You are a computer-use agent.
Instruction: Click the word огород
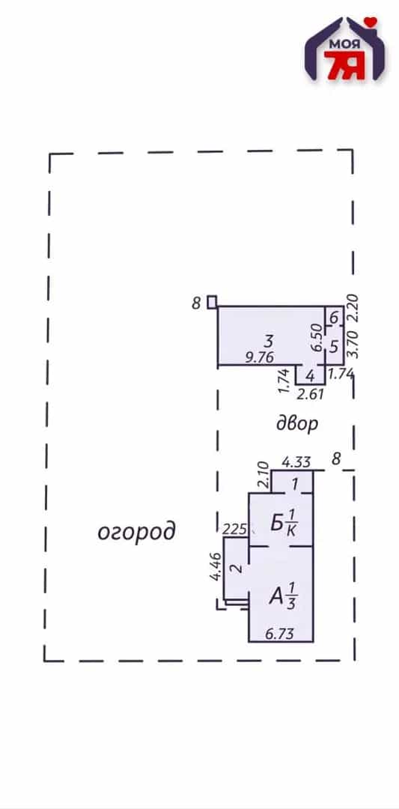coord(136,532)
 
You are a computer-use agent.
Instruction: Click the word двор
coord(296,424)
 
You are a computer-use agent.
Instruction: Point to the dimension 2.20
coord(352,309)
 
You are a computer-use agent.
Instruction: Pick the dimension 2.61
coord(311,395)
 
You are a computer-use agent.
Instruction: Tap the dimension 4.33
coord(296,461)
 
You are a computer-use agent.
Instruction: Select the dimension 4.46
coord(216,567)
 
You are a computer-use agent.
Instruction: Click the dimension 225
coord(234,529)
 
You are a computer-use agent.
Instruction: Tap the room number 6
coord(334,318)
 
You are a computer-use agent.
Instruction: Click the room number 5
coord(333,346)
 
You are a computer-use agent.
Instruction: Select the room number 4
coord(310,376)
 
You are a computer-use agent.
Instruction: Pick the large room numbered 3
coord(267,341)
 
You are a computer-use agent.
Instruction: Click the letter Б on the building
coord(276,524)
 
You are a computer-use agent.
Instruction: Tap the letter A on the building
coord(276,598)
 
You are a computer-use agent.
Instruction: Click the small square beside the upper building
coord(212,302)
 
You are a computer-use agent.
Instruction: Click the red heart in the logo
coord(370,22)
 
